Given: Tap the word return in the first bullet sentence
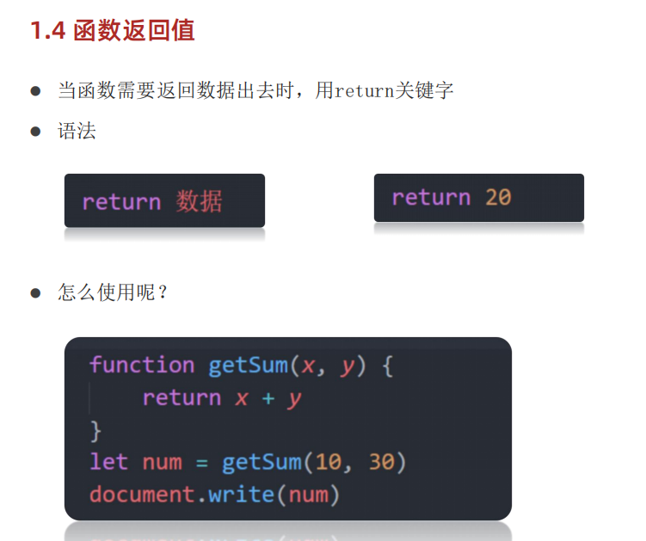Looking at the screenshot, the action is tap(364, 90).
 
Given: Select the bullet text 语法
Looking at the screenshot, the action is tap(77, 132).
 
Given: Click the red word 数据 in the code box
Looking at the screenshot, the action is tap(200, 202).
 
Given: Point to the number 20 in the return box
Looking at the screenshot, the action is tap(498, 198).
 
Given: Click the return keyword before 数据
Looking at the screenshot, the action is tap(121, 202).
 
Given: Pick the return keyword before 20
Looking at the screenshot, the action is tap(431, 198).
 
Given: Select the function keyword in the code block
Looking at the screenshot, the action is tap(142, 366).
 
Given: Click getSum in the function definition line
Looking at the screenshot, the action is tap(248, 366).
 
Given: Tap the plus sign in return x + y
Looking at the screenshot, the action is tap(268, 398).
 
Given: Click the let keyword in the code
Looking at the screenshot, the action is tap(109, 463).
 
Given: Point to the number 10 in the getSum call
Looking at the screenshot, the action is tap(328, 463).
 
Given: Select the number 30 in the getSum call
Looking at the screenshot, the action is tap(381, 463).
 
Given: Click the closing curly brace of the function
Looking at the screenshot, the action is tap(95, 429).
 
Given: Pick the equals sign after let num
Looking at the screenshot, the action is tap(201, 463).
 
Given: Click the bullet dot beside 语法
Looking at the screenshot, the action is tap(36, 132).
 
